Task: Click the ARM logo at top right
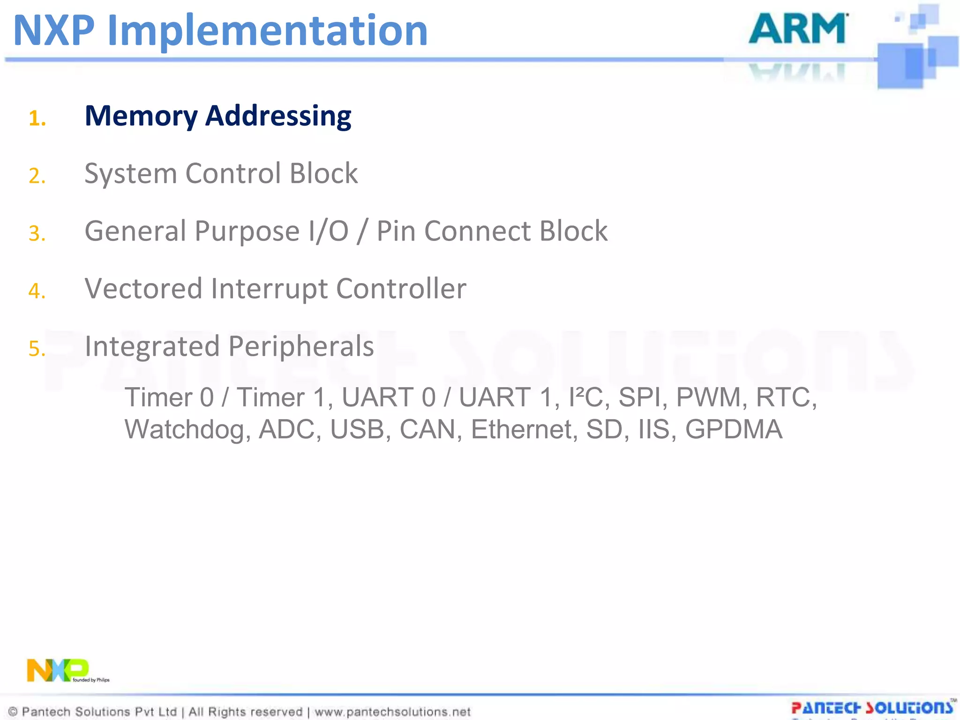(x=797, y=29)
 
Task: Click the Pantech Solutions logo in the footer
(x=872, y=708)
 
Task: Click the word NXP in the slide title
(x=54, y=31)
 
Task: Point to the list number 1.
(x=37, y=118)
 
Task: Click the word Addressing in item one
(x=278, y=116)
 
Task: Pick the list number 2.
(x=37, y=176)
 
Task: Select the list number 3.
(x=37, y=233)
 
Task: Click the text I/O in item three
(x=328, y=232)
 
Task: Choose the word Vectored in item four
(x=143, y=289)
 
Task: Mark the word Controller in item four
(x=401, y=289)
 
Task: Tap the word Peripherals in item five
(x=301, y=346)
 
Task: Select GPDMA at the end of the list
(x=734, y=429)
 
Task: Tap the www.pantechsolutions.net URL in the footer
(x=392, y=712)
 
